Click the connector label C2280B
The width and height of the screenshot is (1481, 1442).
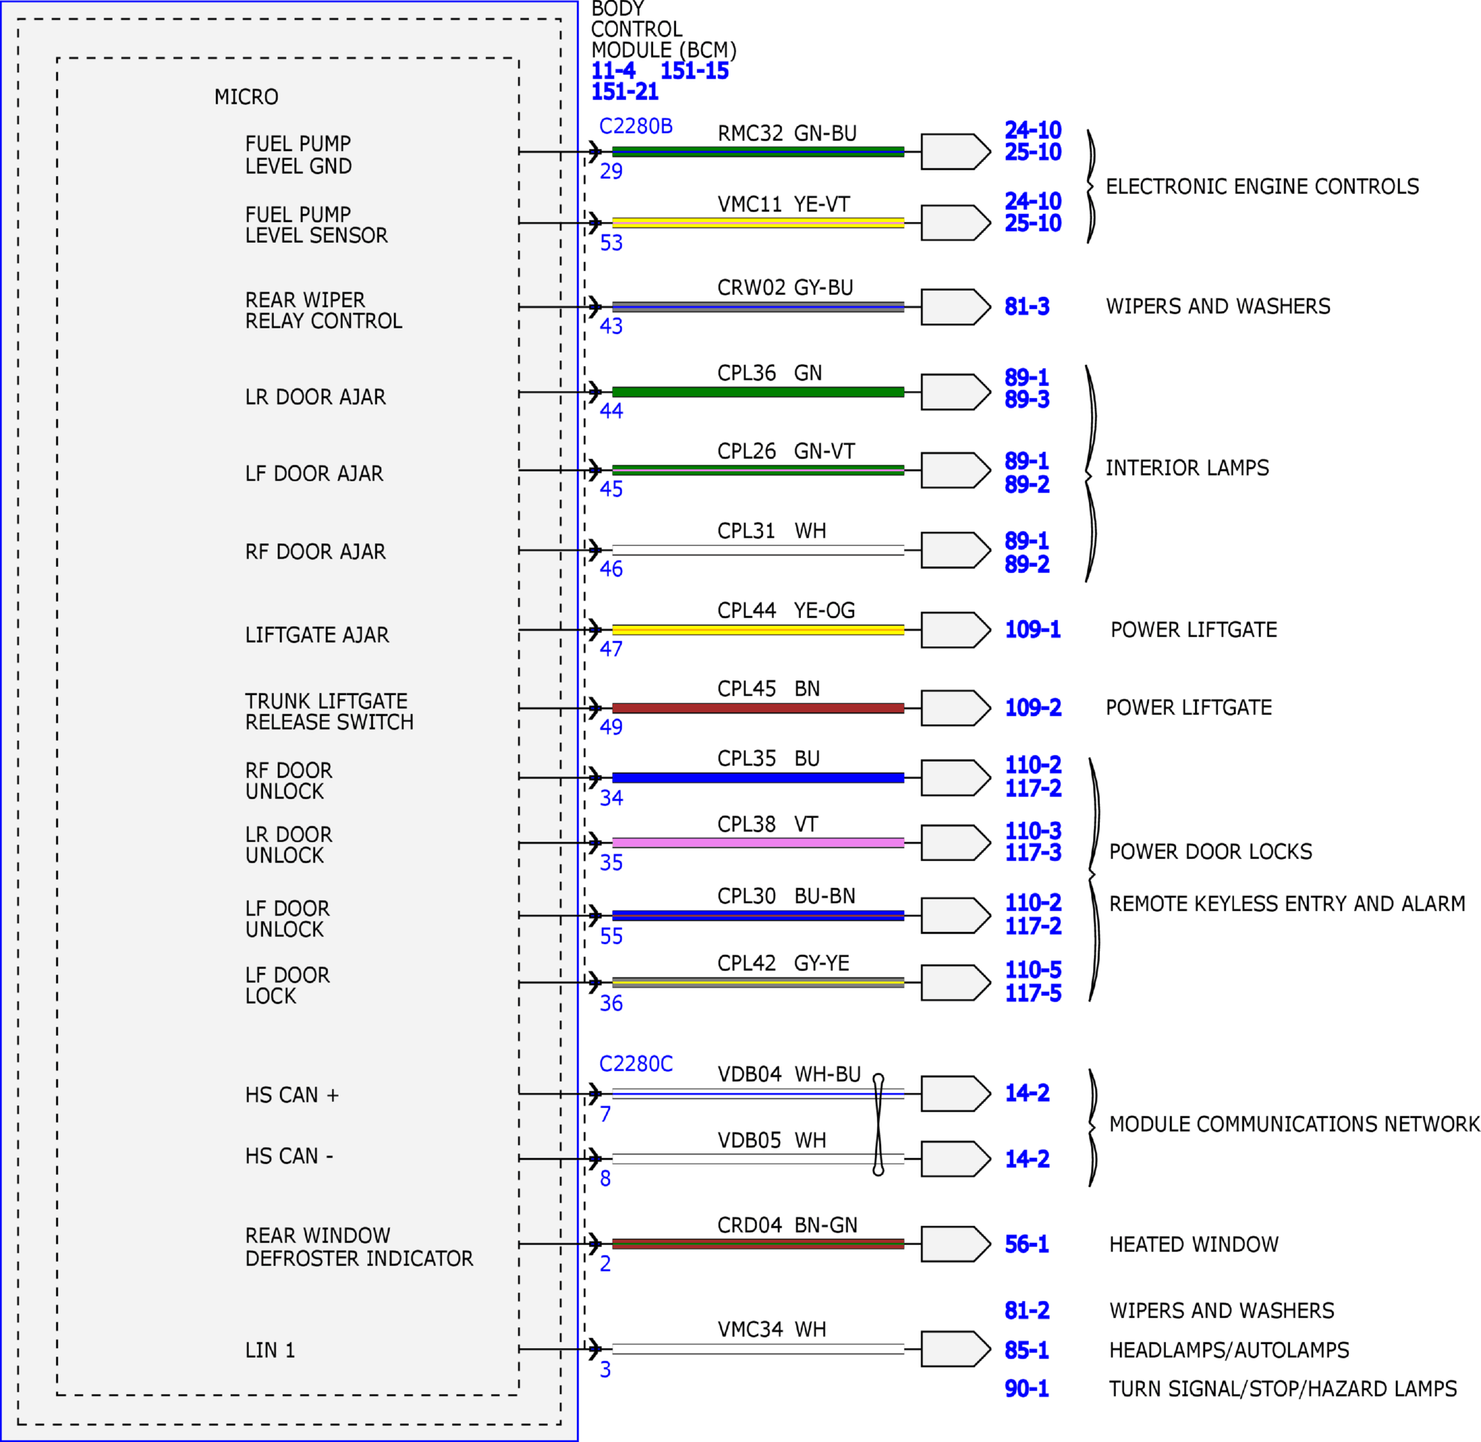(636, 126)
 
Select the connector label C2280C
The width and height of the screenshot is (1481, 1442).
(636, 1064)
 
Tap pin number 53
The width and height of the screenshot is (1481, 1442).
(611, 243)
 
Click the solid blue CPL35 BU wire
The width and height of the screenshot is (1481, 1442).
(758, 778)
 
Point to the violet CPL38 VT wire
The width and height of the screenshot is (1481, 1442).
(758, 843)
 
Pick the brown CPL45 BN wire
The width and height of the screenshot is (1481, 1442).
(758, 708)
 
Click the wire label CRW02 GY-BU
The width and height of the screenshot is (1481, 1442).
(785, 288)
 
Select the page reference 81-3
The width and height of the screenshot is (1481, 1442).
(1027, 307)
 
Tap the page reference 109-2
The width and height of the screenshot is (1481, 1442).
(1033, 707)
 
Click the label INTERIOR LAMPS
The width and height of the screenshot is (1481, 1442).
(1187, 468)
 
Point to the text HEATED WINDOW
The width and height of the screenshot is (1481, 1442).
(1194, 1244)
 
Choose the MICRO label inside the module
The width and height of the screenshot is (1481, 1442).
(246, 97)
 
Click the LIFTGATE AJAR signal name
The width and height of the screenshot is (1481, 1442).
(317, 634)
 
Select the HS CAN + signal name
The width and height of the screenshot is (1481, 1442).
(292, 1095)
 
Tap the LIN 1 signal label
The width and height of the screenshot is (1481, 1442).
(270, 1350)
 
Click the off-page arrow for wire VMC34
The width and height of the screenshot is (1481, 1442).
(955, 1349)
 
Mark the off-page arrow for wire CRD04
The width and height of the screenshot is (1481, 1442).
(955, 1244)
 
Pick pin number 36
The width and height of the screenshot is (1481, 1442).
(611, 1004)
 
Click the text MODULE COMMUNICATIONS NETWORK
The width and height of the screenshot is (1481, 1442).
(1294, 1124)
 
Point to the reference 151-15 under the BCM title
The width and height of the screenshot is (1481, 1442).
(695, 70)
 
